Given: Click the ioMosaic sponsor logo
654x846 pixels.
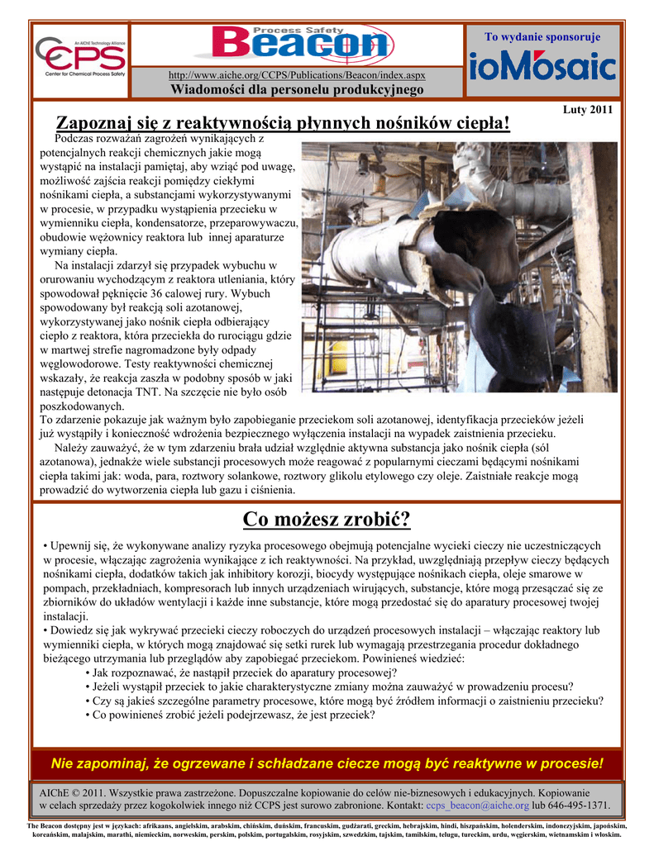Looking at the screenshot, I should tap(542, 66).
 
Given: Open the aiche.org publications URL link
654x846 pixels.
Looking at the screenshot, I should tap(297, 75).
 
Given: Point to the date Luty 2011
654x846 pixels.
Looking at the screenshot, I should tap(587, 110).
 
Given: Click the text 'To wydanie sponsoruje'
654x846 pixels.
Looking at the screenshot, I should tap(542, 37).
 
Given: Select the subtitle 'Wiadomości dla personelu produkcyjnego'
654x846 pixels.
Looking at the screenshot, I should tap(297, 89).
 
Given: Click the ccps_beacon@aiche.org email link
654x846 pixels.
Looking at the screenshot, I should tap(477, 804).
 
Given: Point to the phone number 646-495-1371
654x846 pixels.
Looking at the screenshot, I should tap(577, 804).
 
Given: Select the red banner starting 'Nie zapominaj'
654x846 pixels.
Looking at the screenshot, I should tap(327, 762).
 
